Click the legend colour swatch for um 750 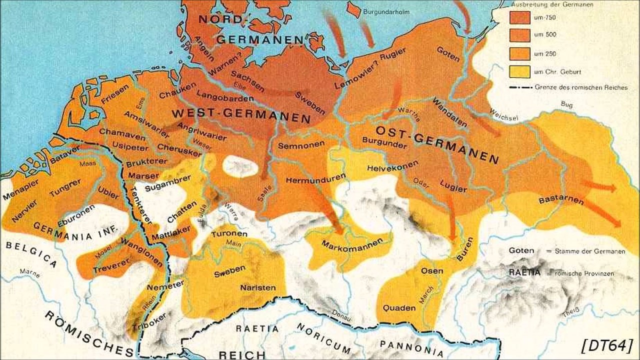519,17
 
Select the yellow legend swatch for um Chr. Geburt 519,71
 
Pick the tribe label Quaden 399,308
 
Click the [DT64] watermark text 607,345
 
